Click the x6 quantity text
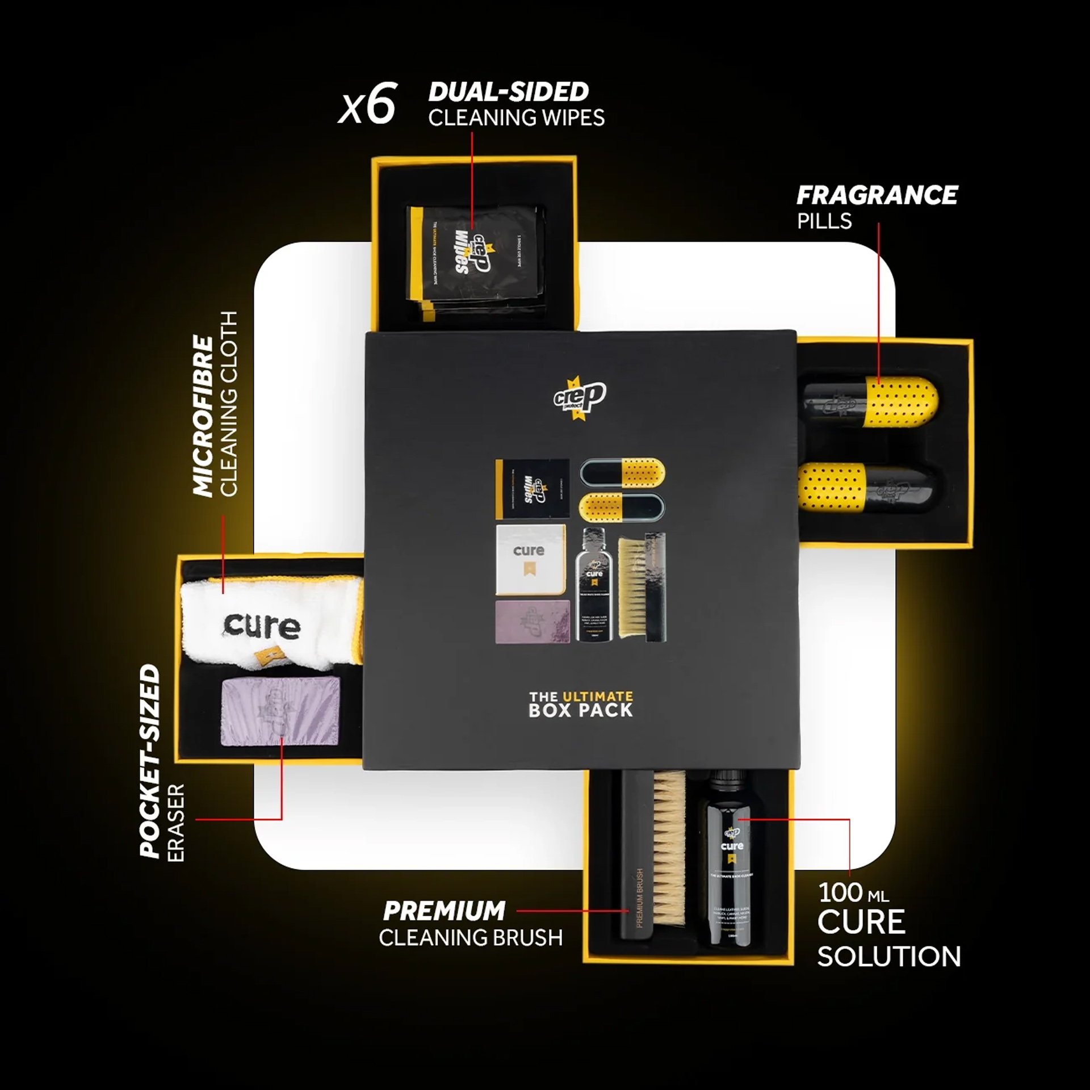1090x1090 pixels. (367, 104)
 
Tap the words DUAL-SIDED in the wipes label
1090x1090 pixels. (509, 92)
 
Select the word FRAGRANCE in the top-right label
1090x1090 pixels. (877, 195)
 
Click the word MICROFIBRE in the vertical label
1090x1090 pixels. (204, 416)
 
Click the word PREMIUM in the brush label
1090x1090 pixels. (444, 911)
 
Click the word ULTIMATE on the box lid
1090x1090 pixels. (597, 696)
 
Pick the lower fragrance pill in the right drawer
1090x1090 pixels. (870, 487)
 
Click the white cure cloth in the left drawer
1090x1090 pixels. (270, 621)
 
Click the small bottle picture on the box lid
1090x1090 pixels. (594, 585)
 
